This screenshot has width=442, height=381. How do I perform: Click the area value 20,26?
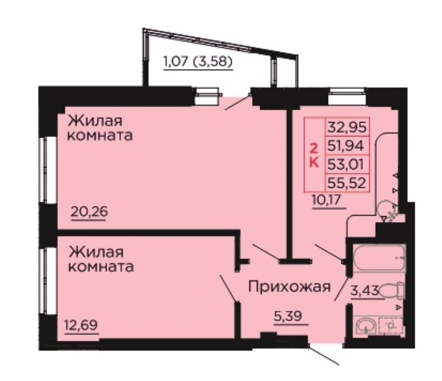[89, 212]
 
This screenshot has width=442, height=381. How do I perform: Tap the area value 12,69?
[81, 325]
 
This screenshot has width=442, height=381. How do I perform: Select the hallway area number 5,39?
[288, 316]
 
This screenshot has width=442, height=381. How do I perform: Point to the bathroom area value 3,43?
[365, 290]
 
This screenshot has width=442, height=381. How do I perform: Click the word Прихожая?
[289, 287]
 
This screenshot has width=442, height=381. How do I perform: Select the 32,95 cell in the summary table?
[347, 127]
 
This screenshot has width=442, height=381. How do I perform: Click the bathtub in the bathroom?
[379, 258]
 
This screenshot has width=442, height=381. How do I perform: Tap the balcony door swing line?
[238, 103]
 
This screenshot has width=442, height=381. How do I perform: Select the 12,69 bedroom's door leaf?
[228, 288]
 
